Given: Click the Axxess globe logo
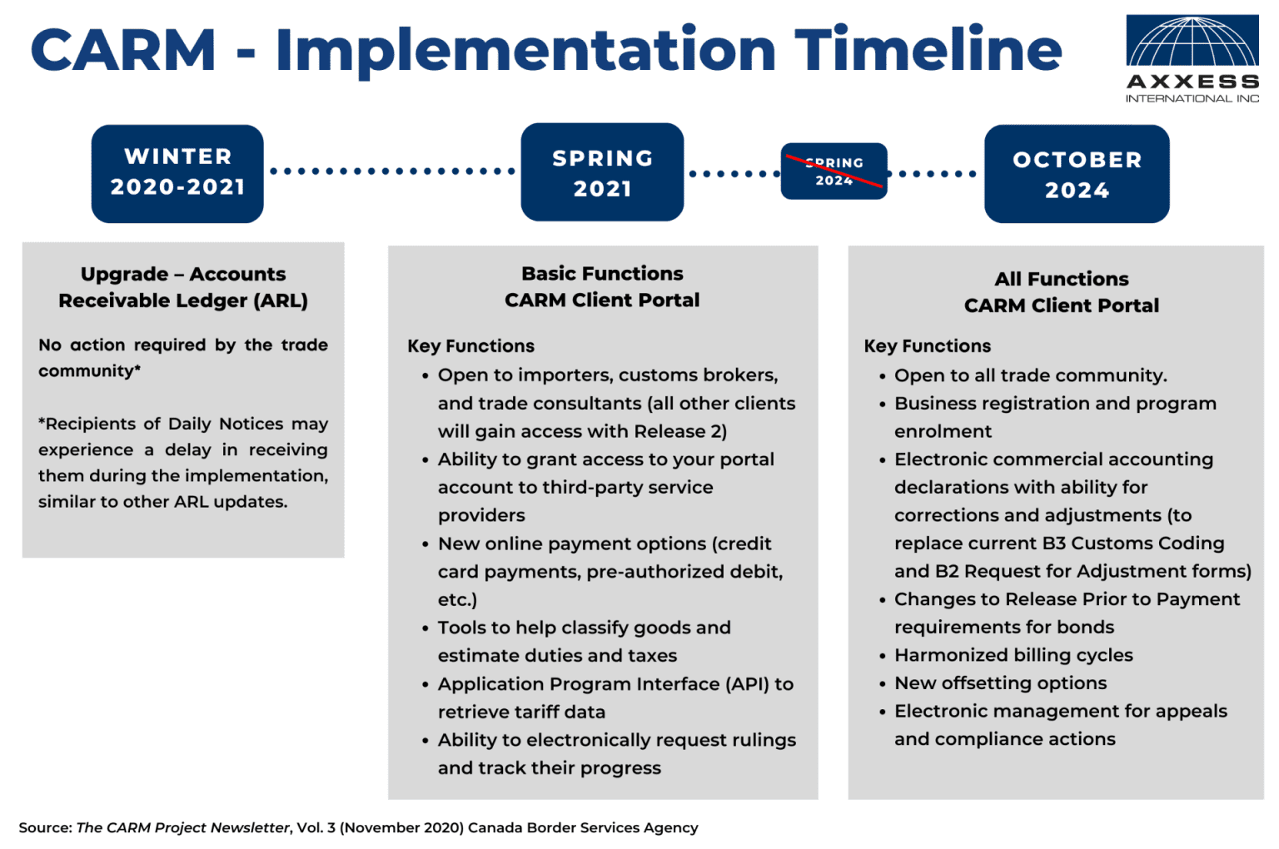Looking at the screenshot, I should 1192,41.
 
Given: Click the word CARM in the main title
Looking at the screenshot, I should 123,50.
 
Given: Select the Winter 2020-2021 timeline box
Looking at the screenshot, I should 177,173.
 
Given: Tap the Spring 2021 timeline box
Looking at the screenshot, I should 602,172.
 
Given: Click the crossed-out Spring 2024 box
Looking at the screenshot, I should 834,171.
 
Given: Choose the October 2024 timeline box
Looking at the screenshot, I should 1077,174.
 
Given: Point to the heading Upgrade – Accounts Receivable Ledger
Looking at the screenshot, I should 183,287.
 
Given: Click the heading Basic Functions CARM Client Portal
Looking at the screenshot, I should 602,286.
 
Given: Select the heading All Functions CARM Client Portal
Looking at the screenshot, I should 1061,292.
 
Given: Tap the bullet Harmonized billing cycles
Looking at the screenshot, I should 1013,655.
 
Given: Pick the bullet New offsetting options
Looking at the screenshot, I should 1000,683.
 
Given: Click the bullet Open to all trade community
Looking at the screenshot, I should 1030,375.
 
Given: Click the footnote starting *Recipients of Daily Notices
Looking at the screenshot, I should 183,462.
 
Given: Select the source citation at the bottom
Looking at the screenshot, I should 358,827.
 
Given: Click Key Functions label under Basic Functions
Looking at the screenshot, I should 470,346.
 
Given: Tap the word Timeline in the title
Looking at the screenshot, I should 928,50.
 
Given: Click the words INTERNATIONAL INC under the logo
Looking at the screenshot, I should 1192,98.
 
